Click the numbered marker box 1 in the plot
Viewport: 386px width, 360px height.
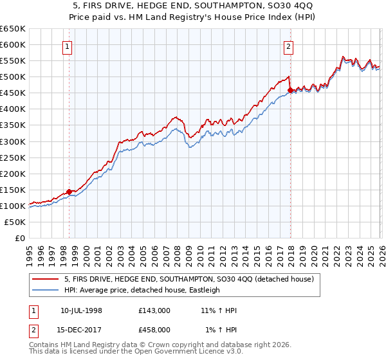click(x=68, y=46)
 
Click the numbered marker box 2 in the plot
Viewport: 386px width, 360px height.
click(x=289, y=46)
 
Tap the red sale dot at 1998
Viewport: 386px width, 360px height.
click(x=69, y=192)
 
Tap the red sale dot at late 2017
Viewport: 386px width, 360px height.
click(x=290, y=90)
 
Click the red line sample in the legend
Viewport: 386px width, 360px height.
click(x=46, y=279)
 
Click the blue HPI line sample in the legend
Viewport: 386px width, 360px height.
click(x=46, y=290)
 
